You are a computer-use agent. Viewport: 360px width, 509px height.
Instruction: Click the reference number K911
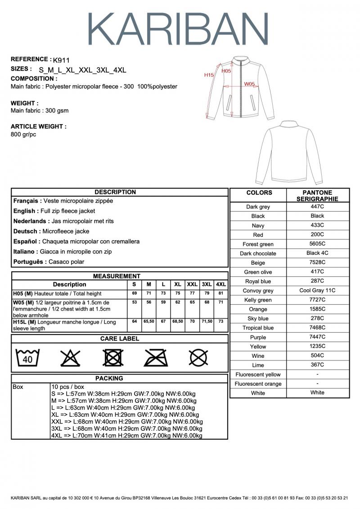click(61, 60)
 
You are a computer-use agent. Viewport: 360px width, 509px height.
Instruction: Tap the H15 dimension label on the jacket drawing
click(209, 75)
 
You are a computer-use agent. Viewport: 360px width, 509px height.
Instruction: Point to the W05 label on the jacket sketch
click(250, 84)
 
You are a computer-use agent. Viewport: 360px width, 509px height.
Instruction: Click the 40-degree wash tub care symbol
click(27, 358)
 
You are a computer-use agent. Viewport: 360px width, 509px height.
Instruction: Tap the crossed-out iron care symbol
click(155, 358)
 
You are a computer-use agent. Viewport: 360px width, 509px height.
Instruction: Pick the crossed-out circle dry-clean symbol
click(198, 358)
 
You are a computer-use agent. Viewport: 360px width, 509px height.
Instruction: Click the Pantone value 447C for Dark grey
click(317, 207)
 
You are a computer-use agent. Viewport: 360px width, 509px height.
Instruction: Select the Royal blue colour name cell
click(258, 281)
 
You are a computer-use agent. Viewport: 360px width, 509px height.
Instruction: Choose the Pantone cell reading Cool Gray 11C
click(317, 290)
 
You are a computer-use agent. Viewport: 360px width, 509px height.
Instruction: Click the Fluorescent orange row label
click(258, 384)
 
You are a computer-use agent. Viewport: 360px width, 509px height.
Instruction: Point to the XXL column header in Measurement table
click(192, 284)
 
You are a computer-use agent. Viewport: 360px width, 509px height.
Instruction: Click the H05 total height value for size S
click(134, 293)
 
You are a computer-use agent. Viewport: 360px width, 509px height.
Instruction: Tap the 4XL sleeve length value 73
click(220, 321)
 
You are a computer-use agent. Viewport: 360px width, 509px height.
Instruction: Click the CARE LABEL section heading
click(119, 338)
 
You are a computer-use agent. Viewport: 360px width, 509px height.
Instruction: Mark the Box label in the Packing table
click(18, 387)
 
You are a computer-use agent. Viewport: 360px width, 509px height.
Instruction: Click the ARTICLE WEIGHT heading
click(38, 126)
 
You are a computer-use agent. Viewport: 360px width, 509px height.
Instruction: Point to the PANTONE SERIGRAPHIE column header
click(317, 195)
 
